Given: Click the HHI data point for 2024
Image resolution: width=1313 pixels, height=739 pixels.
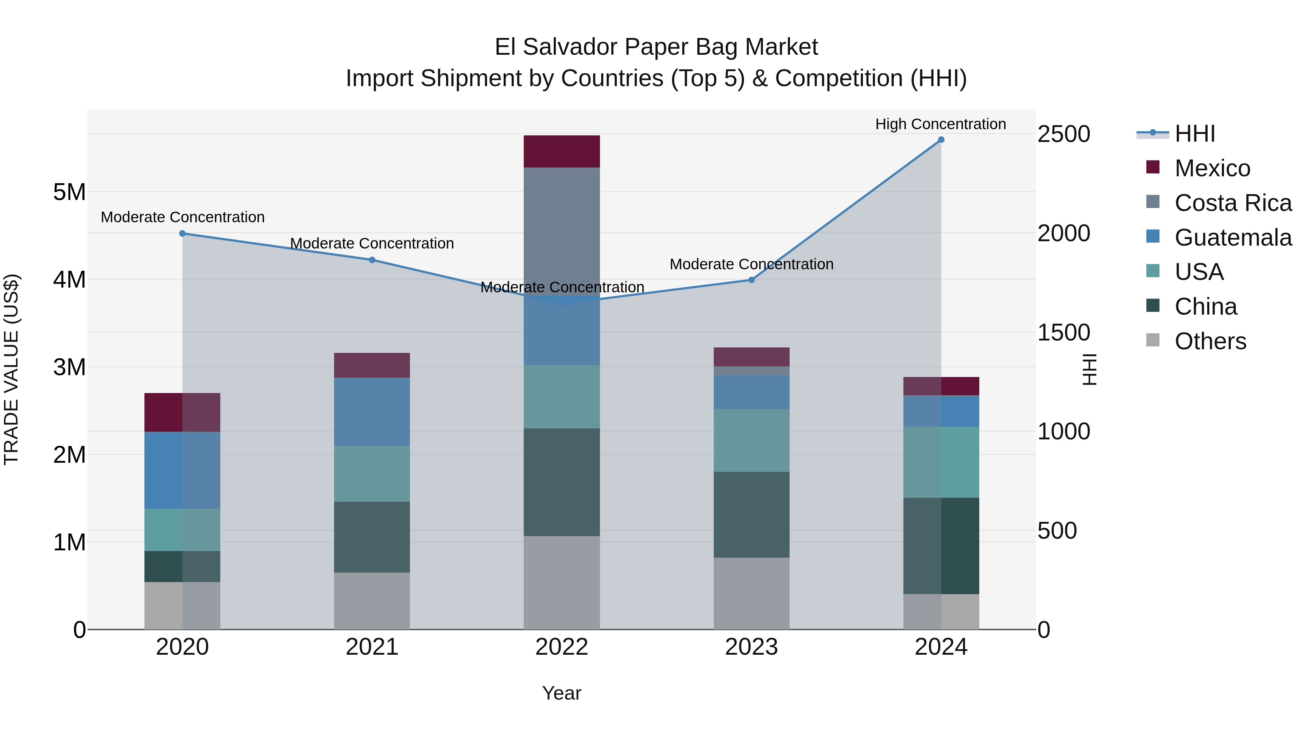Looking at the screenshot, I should click(x=941, y=140).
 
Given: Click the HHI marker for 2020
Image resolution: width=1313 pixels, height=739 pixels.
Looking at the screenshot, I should click(x=182, y=234).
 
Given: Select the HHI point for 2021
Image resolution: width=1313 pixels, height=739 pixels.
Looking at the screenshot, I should click(x=372, y=260).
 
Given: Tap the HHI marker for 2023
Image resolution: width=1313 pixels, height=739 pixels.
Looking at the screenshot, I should click(x=751, y=280).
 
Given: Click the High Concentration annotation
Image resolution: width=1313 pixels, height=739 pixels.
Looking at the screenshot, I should click(x=940, y=124).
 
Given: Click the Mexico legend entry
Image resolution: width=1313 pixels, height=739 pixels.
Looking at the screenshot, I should click(x=1212, y=168).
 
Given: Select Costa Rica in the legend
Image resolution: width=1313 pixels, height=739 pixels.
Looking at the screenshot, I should click(x=1232, y=203).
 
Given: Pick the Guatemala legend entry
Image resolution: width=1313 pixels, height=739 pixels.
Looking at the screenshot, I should click(x=1232, y=238).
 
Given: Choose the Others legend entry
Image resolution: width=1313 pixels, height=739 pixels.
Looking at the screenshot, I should click(x=1210, y=341).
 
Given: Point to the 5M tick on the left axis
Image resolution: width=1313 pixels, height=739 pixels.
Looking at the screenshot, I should click(x=69, y=192).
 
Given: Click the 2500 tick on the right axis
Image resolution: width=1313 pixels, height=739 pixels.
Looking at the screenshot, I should click(x=1064, y=134).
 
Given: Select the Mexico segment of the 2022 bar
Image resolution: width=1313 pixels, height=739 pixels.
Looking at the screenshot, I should click(x=562, y=151).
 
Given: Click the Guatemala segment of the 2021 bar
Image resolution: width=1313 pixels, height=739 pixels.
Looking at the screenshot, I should click(x=372, y=412).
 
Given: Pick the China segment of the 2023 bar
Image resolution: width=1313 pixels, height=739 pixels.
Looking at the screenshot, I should click(x=751, y=515).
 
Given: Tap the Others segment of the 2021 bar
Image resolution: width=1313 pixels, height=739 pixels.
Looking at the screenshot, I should click(x=372, y=601).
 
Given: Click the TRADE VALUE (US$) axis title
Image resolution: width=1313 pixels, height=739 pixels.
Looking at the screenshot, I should click(x=11, y=369).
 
